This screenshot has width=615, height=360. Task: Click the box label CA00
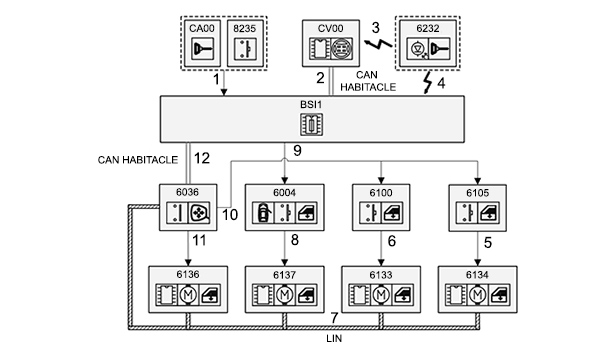click(x=202, y=29)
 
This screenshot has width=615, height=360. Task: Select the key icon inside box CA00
click(x=202, y=49)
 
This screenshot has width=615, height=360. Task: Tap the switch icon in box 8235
click(x=245, y=49)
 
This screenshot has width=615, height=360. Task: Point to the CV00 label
click(x=331, y=29)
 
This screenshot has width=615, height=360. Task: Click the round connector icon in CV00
click(x=342, y=49)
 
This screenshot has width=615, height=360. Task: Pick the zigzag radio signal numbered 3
click(x=378, y=43)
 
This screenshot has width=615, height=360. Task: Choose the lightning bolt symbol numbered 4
click(x=428, y=82)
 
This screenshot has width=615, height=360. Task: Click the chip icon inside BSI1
click(x=312, y=125)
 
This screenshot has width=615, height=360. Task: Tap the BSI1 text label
click(x=311, y=105)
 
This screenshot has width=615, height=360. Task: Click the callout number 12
click(x=202, y=158)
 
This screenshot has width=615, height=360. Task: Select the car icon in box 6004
click(x=263, y=213)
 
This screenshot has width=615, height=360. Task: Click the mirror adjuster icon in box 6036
click(x=200, y=213)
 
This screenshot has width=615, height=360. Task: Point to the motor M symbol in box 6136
click(x=188, y=295)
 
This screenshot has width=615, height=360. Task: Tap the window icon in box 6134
click(x=500, y=295)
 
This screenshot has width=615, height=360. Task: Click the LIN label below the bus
click(x=334, y=338)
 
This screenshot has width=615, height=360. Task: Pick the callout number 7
click(x=334, y=318)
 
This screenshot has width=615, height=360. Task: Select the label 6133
click(x=381, y=275)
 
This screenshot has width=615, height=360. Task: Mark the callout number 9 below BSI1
click(x=297, y=151)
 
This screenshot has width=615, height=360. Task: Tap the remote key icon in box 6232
click(x=439, y=49)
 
